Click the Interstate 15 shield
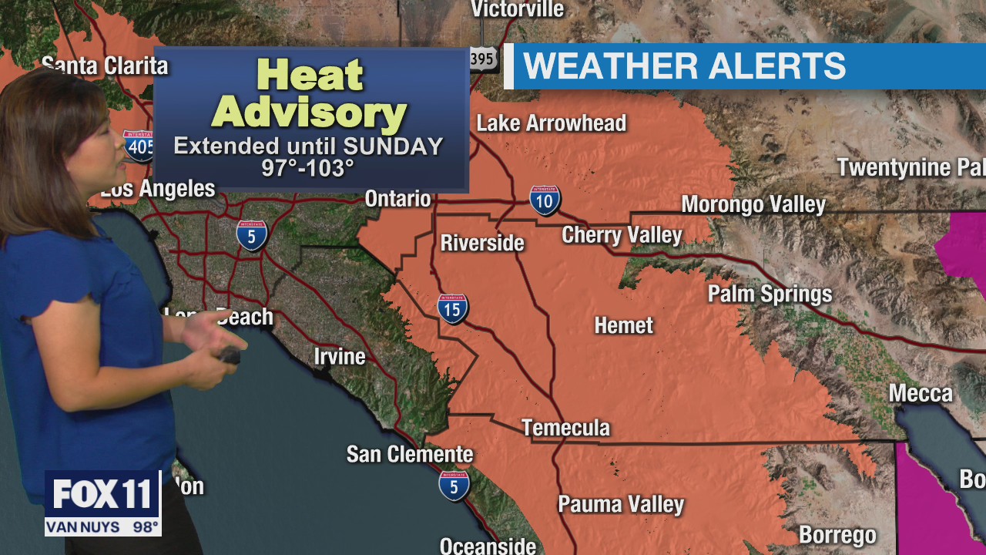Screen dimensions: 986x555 453,308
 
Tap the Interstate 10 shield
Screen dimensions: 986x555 545,200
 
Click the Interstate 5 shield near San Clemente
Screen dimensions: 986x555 454,486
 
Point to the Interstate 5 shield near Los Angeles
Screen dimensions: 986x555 252,234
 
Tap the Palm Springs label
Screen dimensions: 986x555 770,294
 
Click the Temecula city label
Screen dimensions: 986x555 565,428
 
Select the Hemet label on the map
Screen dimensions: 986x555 623,325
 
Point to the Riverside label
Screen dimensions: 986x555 482,243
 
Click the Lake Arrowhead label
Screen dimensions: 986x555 551,123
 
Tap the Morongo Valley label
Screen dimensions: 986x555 753,204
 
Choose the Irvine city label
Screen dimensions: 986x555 340,356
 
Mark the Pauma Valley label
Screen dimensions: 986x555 621,504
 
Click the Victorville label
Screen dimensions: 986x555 517,9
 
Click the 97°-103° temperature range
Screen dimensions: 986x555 307,167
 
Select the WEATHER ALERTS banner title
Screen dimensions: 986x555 684,66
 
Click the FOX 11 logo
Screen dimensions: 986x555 102,495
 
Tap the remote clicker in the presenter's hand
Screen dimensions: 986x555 230,355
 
